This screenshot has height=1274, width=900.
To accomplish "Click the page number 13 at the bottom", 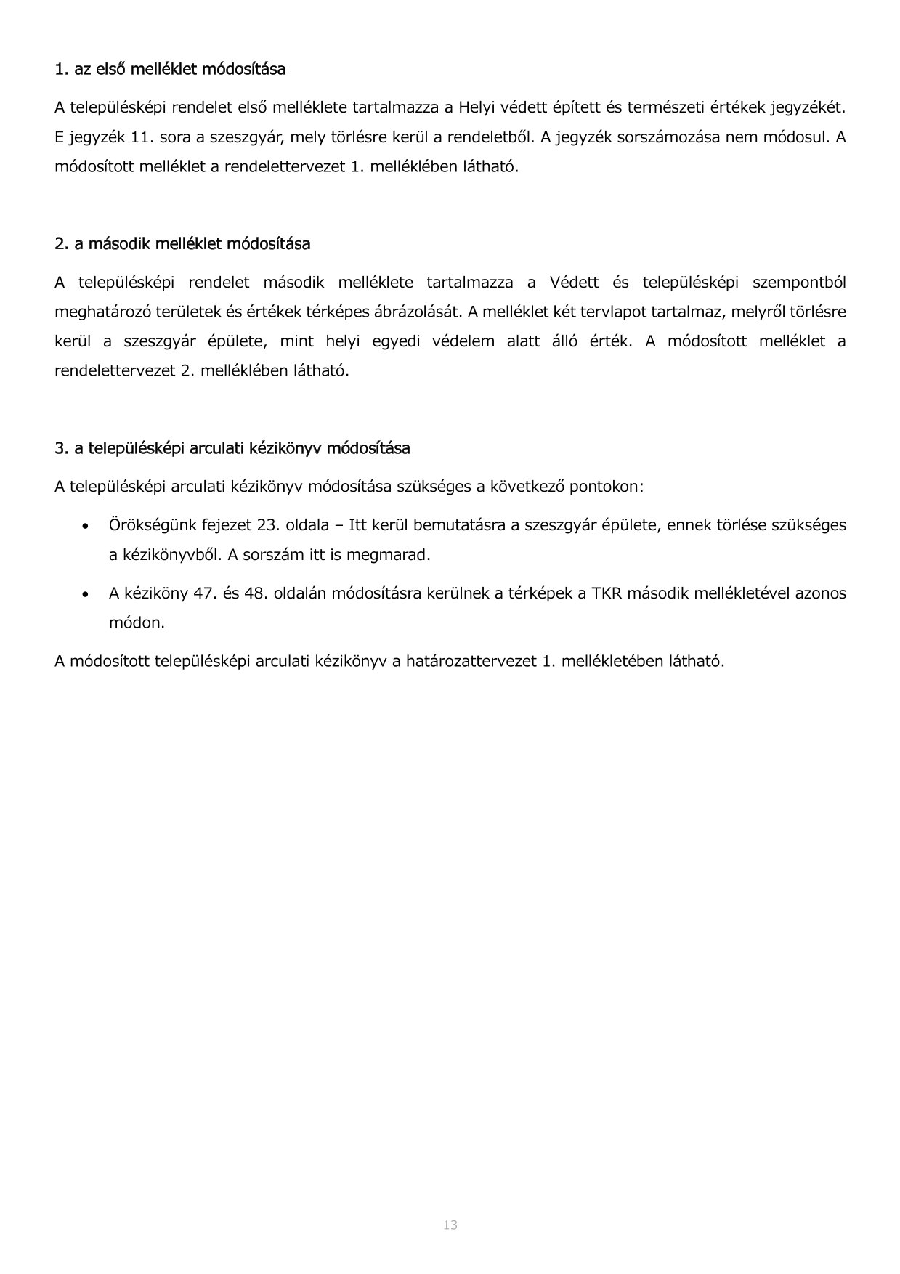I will click(x=450, y=1225).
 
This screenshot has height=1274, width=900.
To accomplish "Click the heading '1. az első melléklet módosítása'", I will click(x=170, y=69).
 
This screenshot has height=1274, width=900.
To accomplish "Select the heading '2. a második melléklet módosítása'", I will click(x=182, y=244).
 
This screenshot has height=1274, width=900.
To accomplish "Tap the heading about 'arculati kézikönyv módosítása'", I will click(x=232, y=448).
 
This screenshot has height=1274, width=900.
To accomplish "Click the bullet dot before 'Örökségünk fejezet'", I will click(x=86, y=525).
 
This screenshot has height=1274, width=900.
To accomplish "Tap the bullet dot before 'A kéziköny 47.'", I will click(x=86, y=593).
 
